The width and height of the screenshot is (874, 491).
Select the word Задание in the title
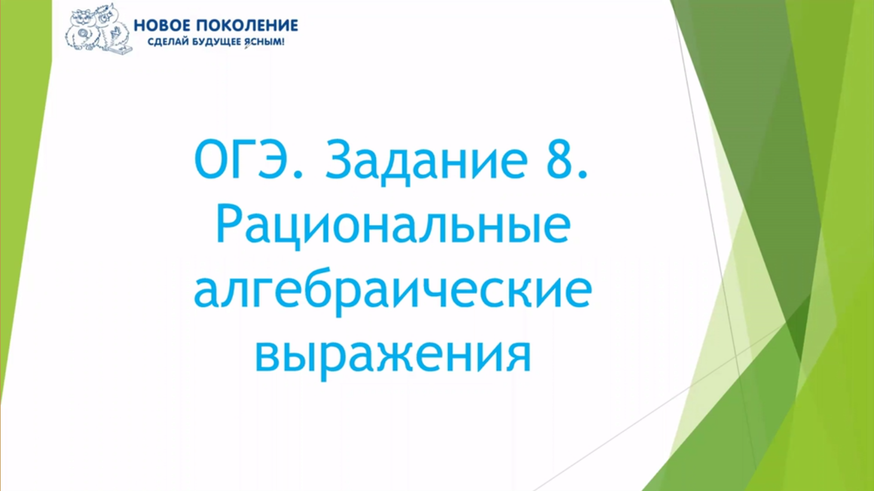point(426,161)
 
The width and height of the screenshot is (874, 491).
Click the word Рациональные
point(393,227)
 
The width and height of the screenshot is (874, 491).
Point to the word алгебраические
point(393,293)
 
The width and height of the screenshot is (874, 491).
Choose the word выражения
point(393,356)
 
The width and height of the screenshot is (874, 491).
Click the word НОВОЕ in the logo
point(161,26)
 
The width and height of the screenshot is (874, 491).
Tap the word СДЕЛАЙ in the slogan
point(168,42)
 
